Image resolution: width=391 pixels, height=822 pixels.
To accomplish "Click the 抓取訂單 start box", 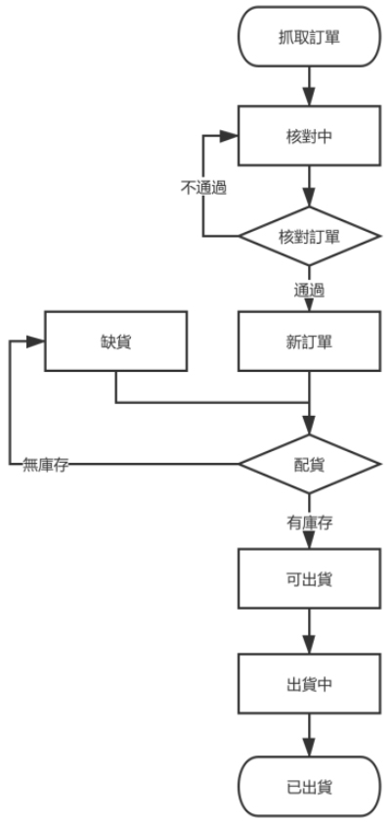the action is click(x=309, y=37).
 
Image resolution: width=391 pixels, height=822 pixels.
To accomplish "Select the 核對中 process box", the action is click(x=309, y=136).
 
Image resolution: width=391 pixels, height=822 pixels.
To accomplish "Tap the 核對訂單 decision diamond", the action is click(x=309, y=236).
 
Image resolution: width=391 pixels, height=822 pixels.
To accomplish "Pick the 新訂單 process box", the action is click(x=309, y=342).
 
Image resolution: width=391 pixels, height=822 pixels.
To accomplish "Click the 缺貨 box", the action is click(x=115, y=342).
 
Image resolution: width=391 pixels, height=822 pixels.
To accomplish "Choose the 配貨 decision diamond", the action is click(x=309, y=464).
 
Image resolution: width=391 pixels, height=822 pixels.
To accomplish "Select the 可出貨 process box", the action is click(x=309, y=578).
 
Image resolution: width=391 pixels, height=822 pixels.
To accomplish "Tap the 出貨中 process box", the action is click(x=309, y=683).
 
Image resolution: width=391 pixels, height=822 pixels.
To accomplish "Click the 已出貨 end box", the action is click(x=309, y=787).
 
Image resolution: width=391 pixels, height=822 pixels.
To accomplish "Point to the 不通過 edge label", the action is click(x=203, y=188).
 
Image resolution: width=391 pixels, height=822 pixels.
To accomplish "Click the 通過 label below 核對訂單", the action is click(x=309, y=290).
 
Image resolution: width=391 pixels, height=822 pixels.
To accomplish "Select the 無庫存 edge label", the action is click(x=46, y=465).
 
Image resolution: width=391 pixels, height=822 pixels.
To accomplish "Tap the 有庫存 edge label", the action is click(x=309, y=523).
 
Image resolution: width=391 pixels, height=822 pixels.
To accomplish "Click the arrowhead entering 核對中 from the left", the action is click(x=230, y=136).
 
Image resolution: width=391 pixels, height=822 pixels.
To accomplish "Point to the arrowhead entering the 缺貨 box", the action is click(x=35, y=342).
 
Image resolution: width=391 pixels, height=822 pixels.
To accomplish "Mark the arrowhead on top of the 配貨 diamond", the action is click(x=309, y=425).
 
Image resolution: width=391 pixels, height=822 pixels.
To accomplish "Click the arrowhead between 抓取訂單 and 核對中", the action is click(x=309, y=97).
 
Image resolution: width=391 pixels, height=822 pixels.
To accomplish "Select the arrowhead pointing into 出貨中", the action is click(x=309, y=644).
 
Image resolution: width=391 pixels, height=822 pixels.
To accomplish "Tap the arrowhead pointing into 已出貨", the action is click(x=309, y=748).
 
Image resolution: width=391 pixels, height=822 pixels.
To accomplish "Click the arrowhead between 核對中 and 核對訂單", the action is click(x=309, y=198).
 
